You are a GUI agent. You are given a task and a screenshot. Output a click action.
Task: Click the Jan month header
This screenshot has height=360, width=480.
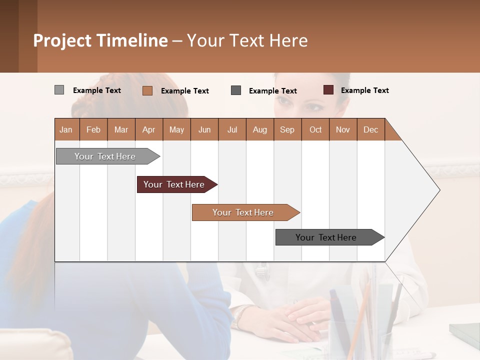(66, 129)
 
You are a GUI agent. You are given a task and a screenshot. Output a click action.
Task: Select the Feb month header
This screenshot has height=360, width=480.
(93, 129)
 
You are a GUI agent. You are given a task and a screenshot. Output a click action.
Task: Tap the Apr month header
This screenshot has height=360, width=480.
(149, 129)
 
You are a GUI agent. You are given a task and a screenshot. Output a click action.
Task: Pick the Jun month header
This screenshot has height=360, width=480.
(204, 129)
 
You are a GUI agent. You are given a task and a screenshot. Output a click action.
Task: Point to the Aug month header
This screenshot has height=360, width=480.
(260, 129)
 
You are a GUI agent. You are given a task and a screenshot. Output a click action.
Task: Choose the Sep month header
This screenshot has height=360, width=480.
(287, 129)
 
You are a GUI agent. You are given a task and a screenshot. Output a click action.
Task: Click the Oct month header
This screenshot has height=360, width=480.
(315, 129)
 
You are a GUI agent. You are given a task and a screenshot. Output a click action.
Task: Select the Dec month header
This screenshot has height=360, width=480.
(371, 129)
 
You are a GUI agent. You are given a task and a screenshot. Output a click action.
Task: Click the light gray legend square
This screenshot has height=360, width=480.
(59, 90)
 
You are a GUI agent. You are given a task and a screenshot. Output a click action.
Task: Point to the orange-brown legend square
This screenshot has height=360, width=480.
(147, 90)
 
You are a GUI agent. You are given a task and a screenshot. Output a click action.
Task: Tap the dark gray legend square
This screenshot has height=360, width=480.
(236, 90)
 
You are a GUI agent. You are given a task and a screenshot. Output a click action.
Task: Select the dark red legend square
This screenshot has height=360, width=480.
(328, 90)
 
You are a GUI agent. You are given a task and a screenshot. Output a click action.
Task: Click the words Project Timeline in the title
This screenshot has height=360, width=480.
(100, 40)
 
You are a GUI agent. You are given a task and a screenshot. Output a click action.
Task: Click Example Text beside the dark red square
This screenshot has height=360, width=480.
(364, 90)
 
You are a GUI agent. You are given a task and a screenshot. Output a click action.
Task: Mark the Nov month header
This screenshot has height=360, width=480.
(343, 129)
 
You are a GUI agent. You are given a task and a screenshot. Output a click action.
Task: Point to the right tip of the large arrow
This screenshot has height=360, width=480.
(439, 190)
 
